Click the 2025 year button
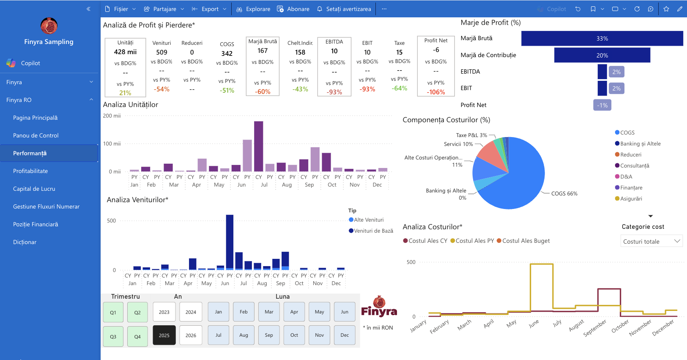pos(164,335)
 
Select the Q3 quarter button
pos(113,336)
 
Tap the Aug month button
pos(244,335)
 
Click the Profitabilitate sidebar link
pos(30,171)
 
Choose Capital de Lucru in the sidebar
pos(34,189)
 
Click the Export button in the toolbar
pos(209,9)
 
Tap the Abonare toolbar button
pos(293,9)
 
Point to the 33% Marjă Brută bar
pos(602,38)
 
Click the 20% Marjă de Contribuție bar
pos(602,55)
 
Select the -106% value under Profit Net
pos(436,92)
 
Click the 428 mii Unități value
pos(125,52)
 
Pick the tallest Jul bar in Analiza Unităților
pos(259,146)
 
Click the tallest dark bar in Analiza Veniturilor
pos(230,242)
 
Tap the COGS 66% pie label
pos(564,193)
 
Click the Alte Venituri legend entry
pos(367,220)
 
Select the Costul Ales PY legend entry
pos(472,241)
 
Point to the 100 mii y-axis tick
pos(112,144)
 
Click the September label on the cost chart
pos(594,328)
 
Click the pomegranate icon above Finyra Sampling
pos(49,26)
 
